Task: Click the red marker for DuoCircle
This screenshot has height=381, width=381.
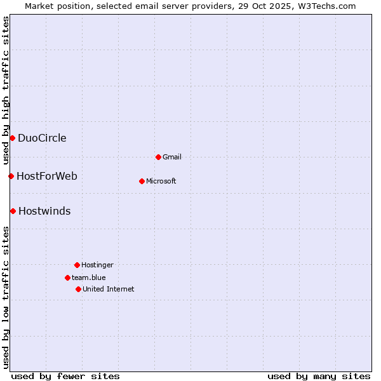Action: click(x=12, y=138)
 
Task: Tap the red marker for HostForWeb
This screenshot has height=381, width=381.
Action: click(x=11, y=176)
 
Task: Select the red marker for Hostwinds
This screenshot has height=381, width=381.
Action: click(x=13, y=211)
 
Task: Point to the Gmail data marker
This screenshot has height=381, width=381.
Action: click(x=158, y=157)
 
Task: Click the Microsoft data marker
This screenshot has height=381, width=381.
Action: click(x=142, y=181)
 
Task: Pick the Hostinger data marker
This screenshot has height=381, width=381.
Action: click(x=77, y=265)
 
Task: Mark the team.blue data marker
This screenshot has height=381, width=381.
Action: click(x=67, y=277)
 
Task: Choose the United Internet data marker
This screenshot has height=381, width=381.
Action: click(x=78, y=289)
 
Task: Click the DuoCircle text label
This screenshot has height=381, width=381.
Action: click(x=42, y=138)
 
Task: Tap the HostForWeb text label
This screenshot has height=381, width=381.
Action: click(x=47, y=176)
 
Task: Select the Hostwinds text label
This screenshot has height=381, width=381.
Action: click(x=44, y=211)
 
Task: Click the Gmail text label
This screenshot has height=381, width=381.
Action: click(x=172, y=157)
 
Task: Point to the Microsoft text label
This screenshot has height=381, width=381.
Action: click(x=161, y=181)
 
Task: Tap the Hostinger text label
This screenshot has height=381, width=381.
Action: click(x=97, y=265)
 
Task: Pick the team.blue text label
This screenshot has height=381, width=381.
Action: click(x=89, y=277)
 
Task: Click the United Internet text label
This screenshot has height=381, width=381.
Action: click(x=109, y=289)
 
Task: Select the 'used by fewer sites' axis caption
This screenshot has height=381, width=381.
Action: click(x=65, y=376)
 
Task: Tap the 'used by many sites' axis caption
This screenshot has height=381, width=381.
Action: click(x=319, y=376)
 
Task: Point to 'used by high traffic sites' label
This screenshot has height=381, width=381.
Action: click(x=6, y=90)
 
